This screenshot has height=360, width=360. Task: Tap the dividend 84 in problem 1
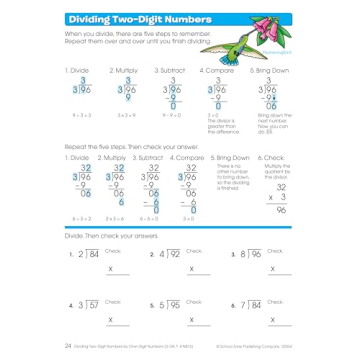coord(95,254)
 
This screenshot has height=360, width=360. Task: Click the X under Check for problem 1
coord(110,269)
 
